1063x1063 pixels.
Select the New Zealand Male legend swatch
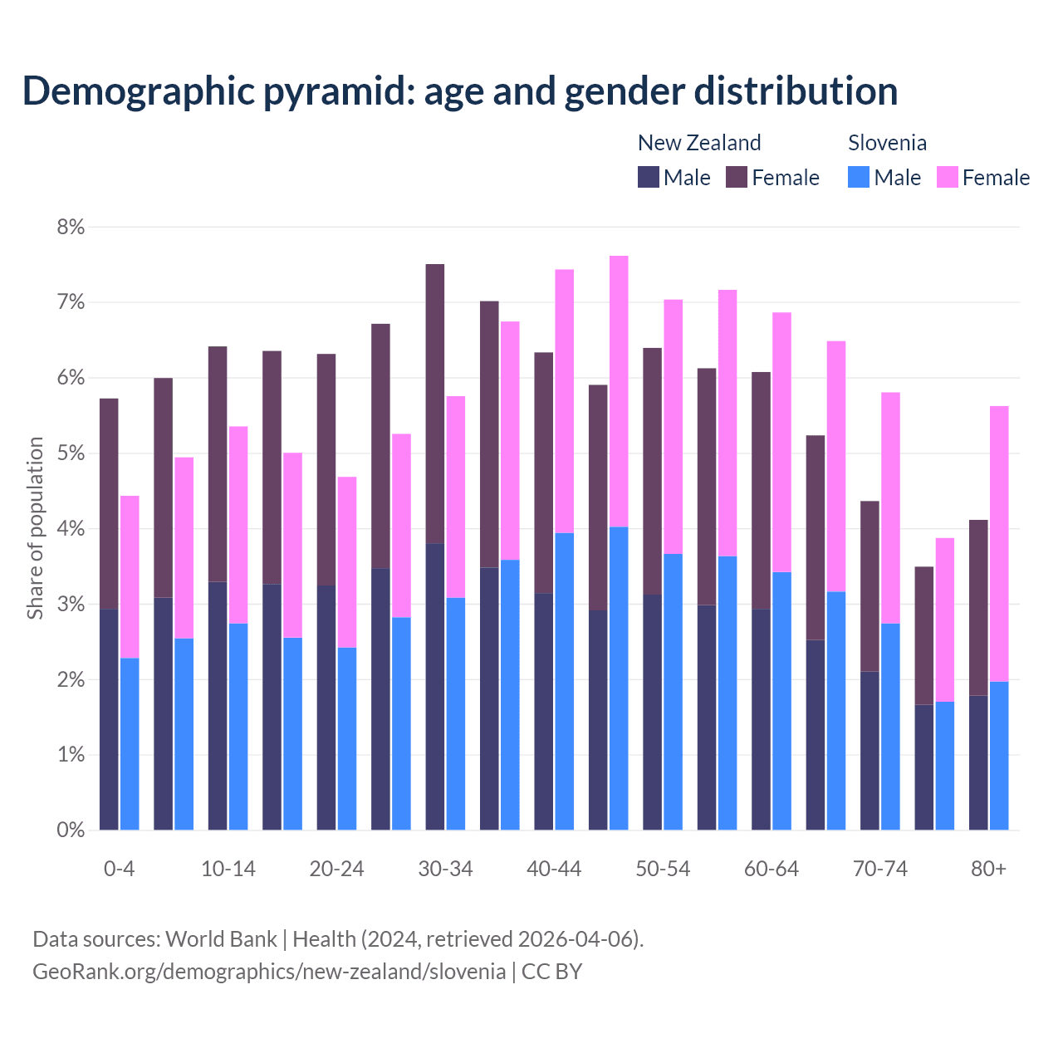649,177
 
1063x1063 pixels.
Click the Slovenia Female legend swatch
947,177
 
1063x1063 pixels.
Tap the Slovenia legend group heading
887,143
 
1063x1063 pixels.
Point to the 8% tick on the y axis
71,227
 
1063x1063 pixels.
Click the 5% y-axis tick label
71,453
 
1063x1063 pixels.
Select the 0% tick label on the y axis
71,830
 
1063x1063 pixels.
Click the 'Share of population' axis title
35,528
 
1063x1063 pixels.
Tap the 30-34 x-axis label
445,870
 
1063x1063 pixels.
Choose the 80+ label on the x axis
988,870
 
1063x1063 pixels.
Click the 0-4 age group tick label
119,870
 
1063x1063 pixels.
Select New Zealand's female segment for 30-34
435,404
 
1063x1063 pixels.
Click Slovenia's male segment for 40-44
565,681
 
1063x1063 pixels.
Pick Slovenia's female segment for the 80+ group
999,544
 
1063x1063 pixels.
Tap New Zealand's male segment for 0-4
109,719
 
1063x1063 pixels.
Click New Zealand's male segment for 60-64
761,719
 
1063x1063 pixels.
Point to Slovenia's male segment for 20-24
347,738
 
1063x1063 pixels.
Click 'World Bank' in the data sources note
221,939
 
